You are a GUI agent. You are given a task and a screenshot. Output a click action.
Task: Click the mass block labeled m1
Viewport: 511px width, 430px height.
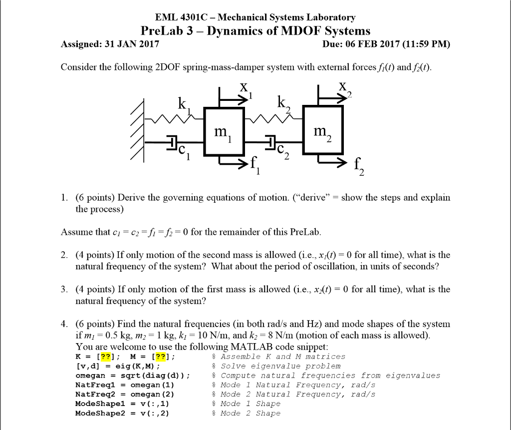point(222,132)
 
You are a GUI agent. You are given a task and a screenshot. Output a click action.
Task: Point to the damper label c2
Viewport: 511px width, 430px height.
point(283,150)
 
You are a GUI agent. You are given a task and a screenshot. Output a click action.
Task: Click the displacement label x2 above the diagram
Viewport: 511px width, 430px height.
point(344,88)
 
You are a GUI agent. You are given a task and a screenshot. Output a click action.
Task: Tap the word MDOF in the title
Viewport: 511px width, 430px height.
point(298,31)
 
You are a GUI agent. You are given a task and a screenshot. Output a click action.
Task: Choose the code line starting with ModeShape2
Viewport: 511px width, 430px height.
point(122,413)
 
